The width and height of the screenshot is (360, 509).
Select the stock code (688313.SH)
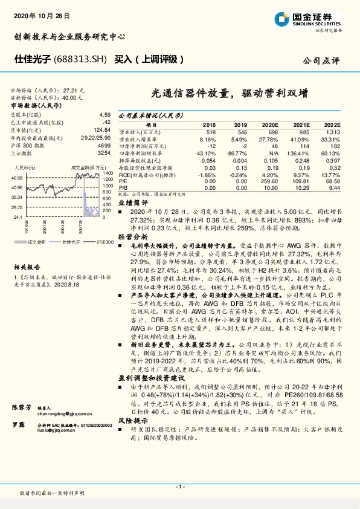[x=81, y=60]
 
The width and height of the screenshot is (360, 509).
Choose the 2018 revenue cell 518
[x=211, y=131]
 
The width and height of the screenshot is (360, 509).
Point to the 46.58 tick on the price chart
[x=17, y=178]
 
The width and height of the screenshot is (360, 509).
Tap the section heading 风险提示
[x=132, y=420]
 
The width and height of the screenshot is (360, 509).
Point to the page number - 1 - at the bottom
[x=179, y=487]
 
